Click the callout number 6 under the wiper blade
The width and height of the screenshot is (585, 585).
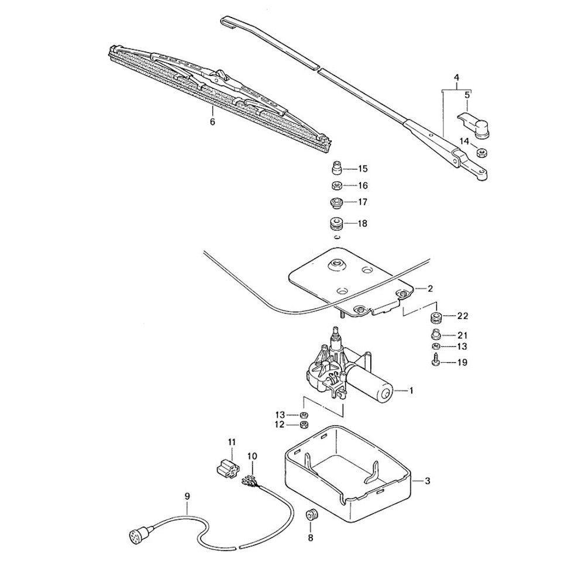pyautogui.click(x=212, y=122)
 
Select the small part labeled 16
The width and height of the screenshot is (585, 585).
pyautogui.click(x=336, y=186)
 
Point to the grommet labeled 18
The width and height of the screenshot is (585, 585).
pyautogui.click(x=336, y=225)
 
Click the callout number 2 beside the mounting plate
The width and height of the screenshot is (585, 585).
pyautogui.click(x=430, y=288)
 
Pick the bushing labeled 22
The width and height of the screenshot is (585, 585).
pyautogui.click(x=435, y=318)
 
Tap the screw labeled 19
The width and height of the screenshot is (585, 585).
pyautogui.click(x=435, y=363)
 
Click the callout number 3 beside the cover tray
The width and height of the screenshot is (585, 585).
pyautogui.click(x=428, y=481)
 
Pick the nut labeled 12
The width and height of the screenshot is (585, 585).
pyautogui.click(x=303, y=424)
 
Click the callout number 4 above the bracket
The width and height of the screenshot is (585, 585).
pyautogui.click(x=457, y=78)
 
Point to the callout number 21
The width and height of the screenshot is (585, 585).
pyautogui.click(x=462, y=335)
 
